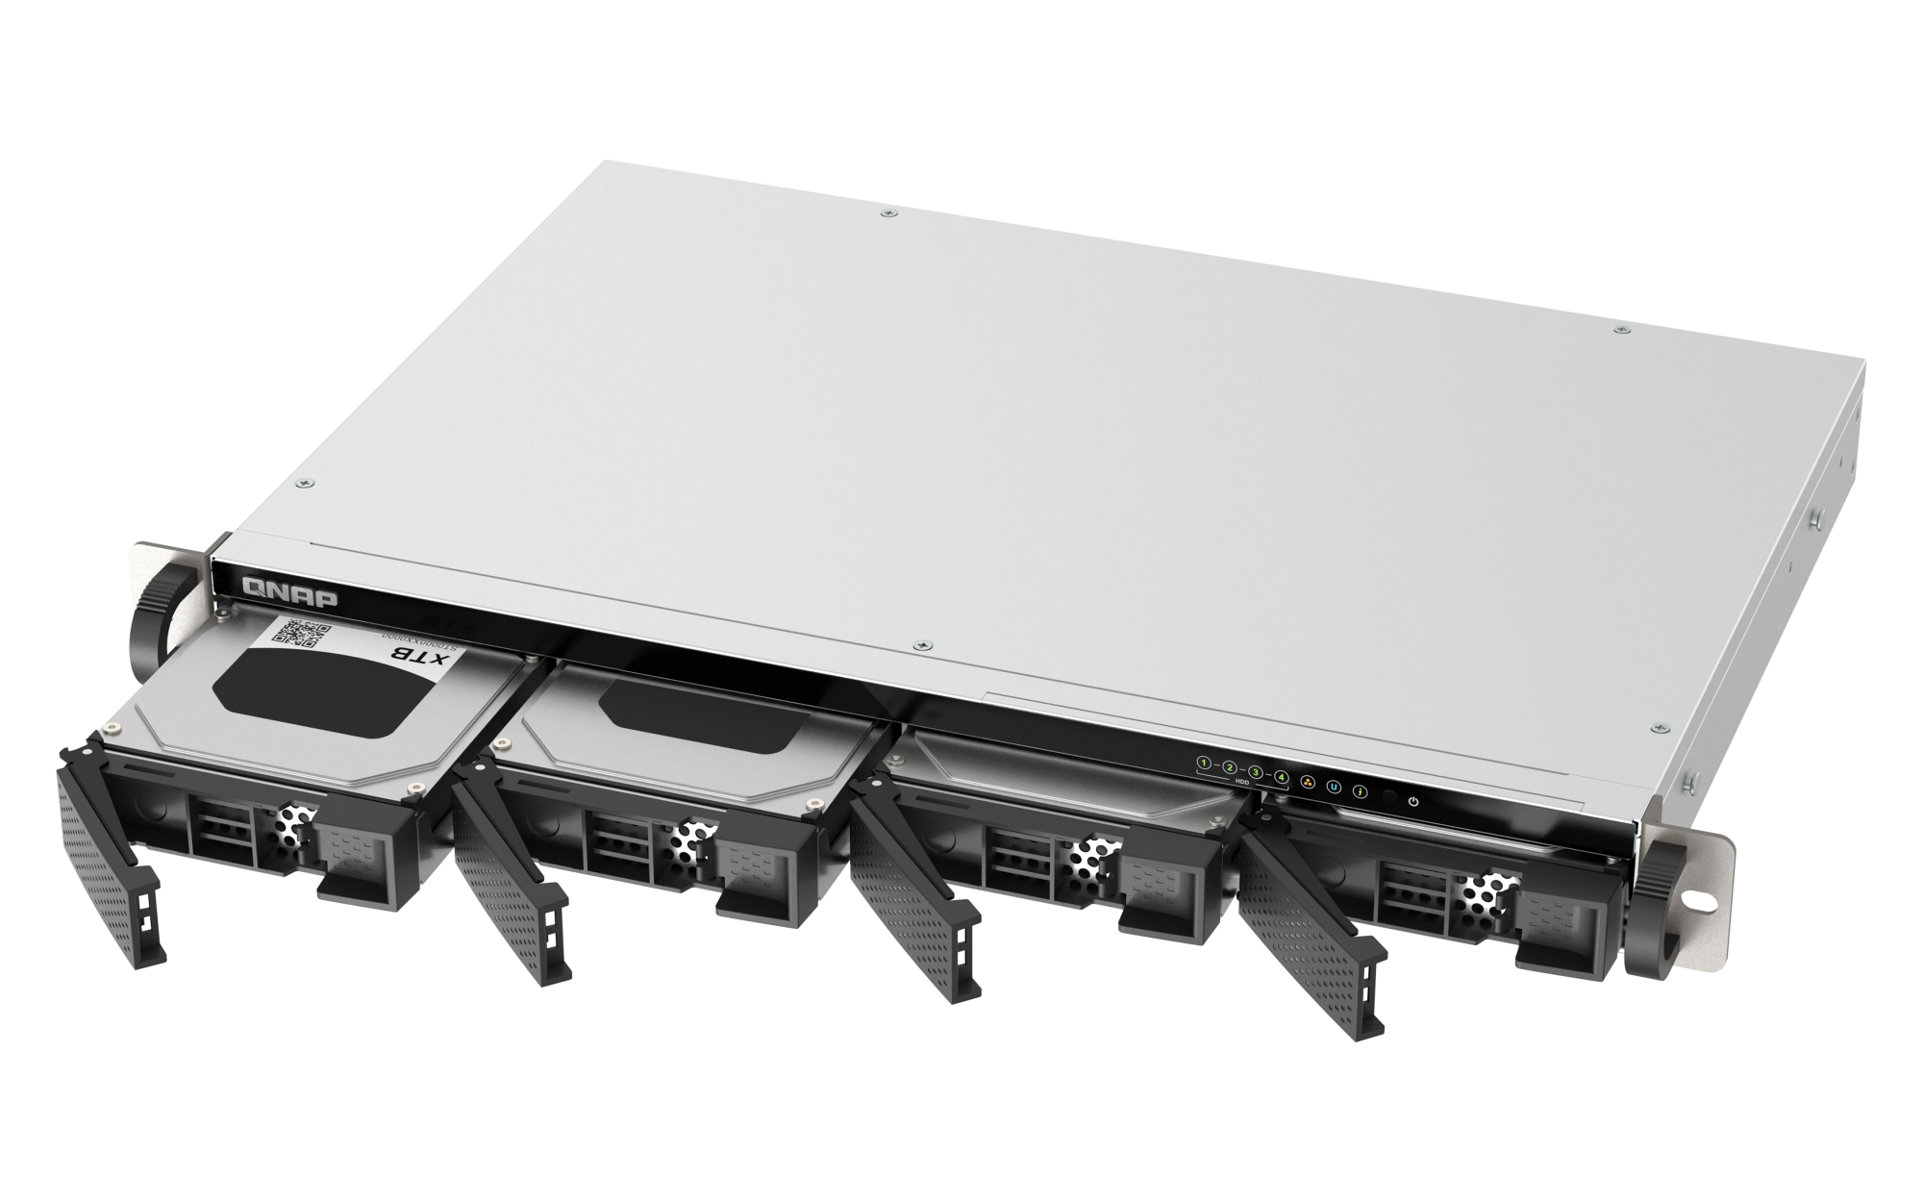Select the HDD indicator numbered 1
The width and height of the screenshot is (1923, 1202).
[x=1203, y=764]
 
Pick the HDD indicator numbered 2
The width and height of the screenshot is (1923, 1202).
[x=1229, y=767]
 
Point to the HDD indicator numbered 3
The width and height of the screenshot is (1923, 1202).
[x=1255, y=771]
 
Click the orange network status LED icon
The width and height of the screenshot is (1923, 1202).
[x=1308, y=782]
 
